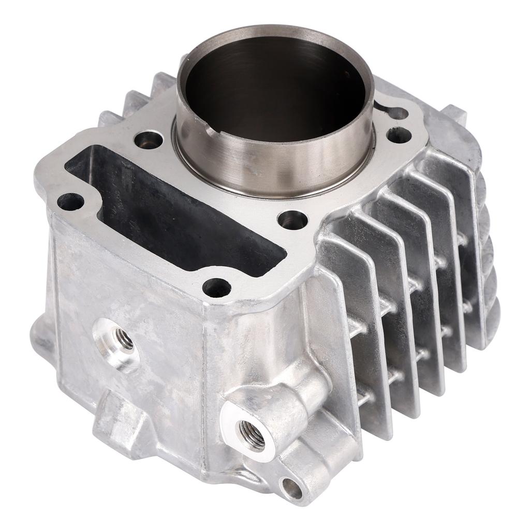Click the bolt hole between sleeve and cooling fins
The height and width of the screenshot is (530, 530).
(292, 220)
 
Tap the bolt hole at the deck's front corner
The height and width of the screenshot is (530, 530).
(216, 286)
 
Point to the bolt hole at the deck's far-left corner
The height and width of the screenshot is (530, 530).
(70, 202)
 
